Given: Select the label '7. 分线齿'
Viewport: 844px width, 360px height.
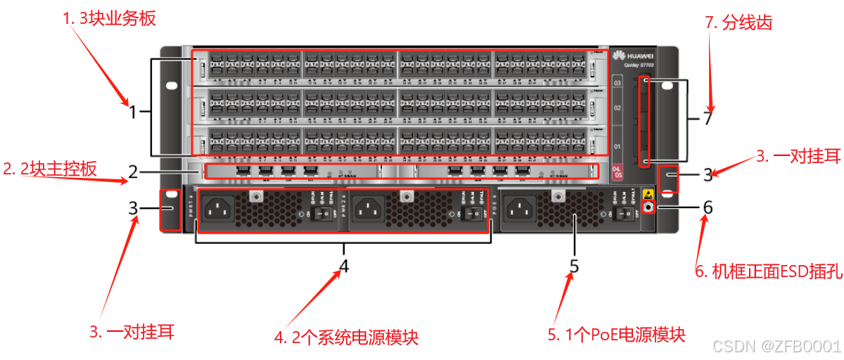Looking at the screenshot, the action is click(x=738, y=22).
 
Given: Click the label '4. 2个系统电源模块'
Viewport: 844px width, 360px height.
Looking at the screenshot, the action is click(x=346, y=337).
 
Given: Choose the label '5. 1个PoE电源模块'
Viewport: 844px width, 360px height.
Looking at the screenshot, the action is click(x=616, y=335).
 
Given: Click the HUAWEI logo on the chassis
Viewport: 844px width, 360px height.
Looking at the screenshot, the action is click(x=633, y=56).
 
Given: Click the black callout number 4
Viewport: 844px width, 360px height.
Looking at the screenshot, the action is click(x=344, y=266).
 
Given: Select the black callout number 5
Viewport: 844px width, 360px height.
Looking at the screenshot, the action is click(x=574, y=266).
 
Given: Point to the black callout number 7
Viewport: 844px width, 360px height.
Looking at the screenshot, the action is click(x=708, y=118).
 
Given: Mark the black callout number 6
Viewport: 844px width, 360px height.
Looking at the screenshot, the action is click(x=708, y=207).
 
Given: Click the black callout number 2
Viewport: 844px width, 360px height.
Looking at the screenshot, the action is click(x=133, y=171).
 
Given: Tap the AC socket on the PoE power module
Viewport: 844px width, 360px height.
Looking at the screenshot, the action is click(x=521, y=208).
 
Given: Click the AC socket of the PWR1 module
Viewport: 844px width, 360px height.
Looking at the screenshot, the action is click(x=219, y=208).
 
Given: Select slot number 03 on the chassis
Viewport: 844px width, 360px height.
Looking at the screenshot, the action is click(x=618, y=84).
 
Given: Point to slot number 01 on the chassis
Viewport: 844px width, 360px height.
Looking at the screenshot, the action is click(x=618, y=146).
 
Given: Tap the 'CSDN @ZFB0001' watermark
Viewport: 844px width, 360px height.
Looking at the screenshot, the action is click(x=776, y=346).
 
